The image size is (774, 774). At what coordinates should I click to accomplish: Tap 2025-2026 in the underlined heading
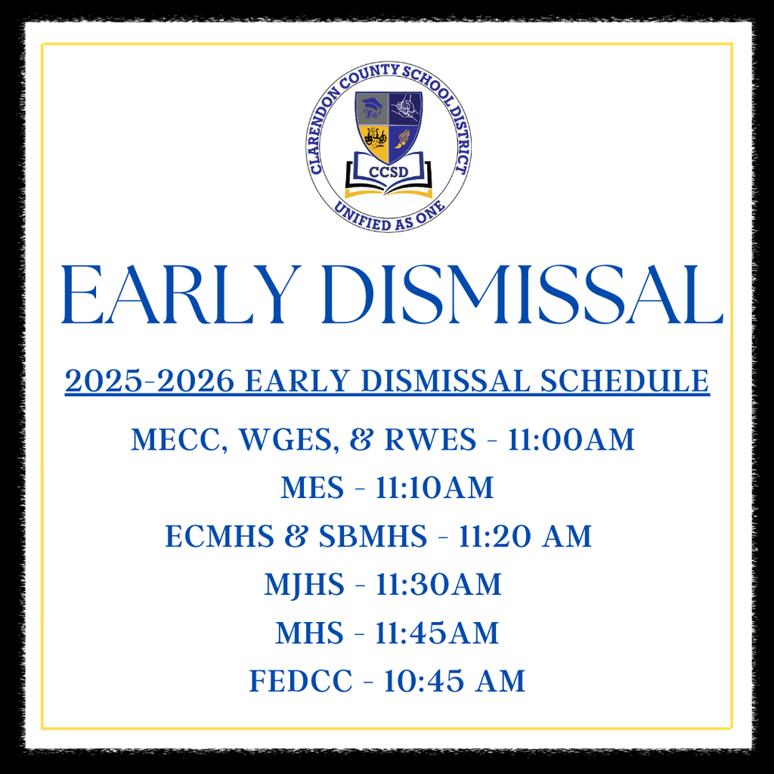149,381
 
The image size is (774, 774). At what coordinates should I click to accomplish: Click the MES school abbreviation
312,488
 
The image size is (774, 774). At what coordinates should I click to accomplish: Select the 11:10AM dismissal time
435,488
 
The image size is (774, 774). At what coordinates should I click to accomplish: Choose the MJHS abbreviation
304,585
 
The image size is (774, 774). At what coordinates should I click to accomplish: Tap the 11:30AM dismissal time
438,585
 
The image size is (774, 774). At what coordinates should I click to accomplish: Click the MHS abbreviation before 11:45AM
309,633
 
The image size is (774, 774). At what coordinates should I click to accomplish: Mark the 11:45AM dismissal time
437,633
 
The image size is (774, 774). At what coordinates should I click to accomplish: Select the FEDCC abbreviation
301,682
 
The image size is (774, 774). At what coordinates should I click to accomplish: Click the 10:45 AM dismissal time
454,682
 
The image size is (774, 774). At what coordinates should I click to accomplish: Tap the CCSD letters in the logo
389,172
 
